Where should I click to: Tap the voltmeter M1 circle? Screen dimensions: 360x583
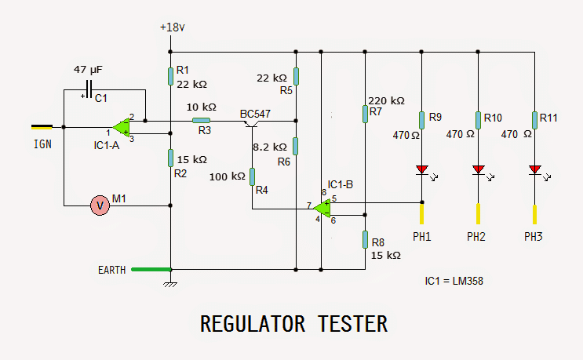point(100,205)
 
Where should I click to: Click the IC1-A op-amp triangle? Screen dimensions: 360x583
point(121,127)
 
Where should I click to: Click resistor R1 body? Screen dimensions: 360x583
point(170,76)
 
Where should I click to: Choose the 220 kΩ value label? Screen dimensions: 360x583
point(386,100)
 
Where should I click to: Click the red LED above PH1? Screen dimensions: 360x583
point(422,169)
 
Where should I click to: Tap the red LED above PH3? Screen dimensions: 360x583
point(534,169)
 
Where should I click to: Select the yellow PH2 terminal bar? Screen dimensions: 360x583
point(478,213)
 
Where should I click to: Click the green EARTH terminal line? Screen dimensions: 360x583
point(151,269)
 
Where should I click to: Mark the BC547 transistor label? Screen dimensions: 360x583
point(255,114)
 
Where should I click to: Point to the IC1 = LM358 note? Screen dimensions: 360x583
point(454,280)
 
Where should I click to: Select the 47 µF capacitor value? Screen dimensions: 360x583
point(87,70)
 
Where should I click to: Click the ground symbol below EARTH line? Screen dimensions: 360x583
point(170,282)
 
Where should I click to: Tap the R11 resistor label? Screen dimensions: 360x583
point(548,118)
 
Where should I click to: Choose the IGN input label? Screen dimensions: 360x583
point(42,144)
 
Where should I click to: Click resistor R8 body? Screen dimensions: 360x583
point(366,238)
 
